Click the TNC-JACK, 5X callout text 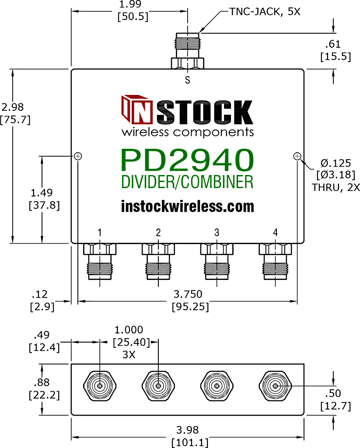point(265,12)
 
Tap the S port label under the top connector point(187,80)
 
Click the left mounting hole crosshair point(78,156)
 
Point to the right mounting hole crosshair point(297,156)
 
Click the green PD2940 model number point(187,160)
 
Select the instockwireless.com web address point(187,206)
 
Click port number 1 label point(100,233)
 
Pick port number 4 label point(275,233)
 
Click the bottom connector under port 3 point(217,262)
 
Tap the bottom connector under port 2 point(158,262)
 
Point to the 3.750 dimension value point(188,294)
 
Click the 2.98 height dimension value point(13,107)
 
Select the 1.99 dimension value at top point(130,4)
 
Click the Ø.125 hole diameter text point(336,163)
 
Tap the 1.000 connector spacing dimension point(129,330)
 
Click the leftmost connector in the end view point(100,386)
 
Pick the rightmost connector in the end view point(275,386)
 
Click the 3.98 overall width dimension point(187,430)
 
